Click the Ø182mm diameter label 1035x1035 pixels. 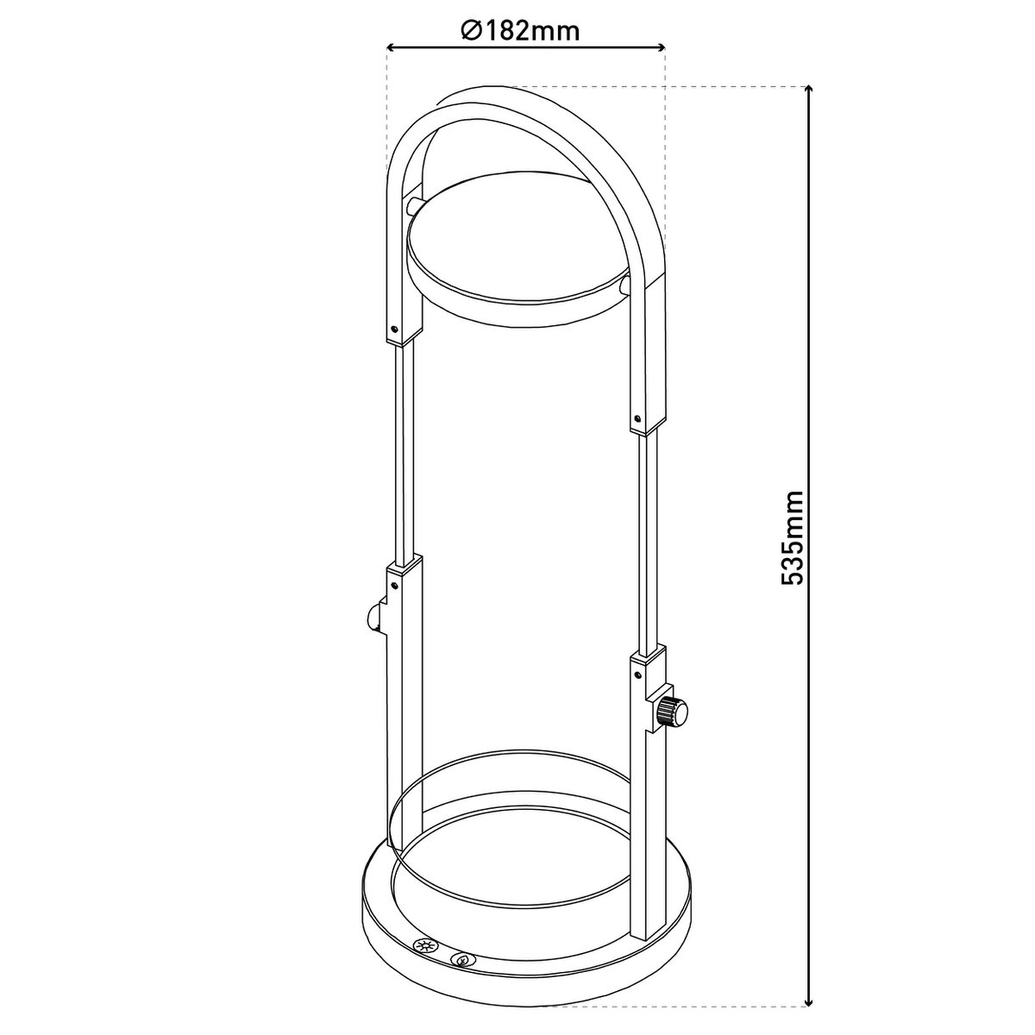click(x=520, y=32)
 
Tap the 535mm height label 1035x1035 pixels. click(x=793, y=537)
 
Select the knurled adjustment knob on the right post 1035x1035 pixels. click(x=672, y=714)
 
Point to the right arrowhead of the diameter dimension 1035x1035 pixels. click(x=661, y=48)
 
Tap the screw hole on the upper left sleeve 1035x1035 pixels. click(x=395, y=328)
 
